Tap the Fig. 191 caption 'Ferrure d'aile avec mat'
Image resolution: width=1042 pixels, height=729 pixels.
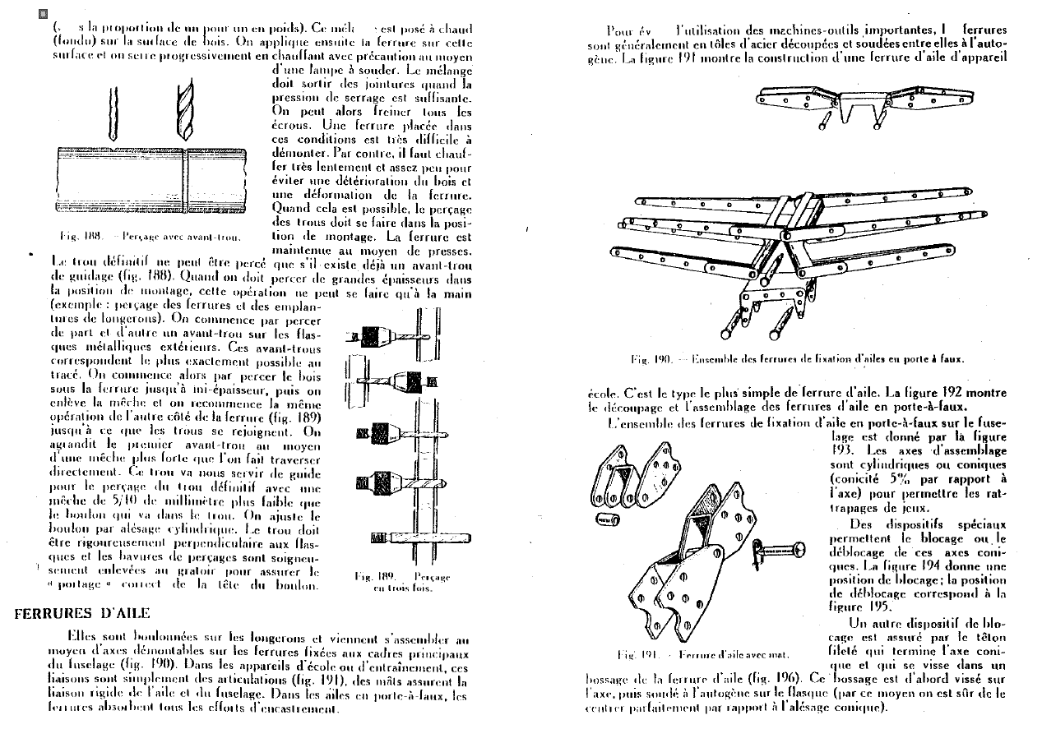(702, 655)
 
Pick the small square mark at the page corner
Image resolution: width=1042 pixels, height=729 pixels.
(44, 14)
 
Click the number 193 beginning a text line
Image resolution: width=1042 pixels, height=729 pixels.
(841, 450)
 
